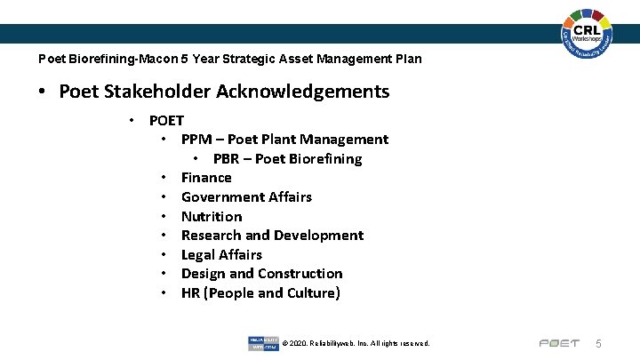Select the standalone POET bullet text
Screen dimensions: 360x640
[x=166, y=121]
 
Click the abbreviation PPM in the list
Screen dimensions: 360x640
[x=196, y=140]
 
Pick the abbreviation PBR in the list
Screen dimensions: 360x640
[x=228, y=159]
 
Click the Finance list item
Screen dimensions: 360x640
[x=206, y=178]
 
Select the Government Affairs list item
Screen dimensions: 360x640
[x=246, y=197]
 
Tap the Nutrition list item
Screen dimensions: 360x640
[x=212, y=217]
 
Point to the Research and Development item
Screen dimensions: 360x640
[x=272, y=236]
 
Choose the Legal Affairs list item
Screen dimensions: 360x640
[x=221, y=255]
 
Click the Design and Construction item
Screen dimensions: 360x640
[x=261, y=274]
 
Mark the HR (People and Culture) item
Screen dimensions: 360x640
[x=260, y=293]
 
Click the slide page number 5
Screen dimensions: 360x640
[x=599, y=343]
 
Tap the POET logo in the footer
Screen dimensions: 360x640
[x=559, y=343]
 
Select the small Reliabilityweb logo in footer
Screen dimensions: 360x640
[x=262, y=343]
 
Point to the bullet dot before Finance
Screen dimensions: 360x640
[x=164, y=178]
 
